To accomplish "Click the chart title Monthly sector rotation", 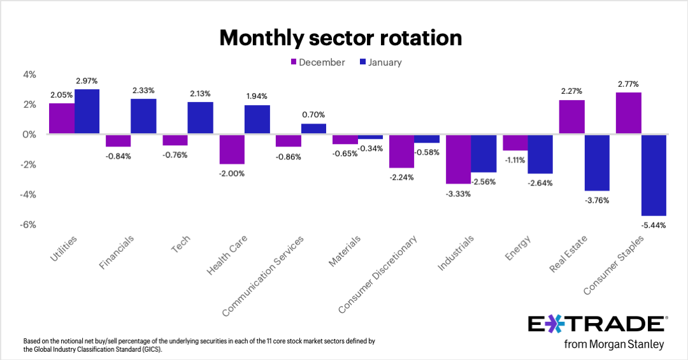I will (340, 38).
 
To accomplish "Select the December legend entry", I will (317, 62).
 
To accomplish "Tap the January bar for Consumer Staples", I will (654, 175).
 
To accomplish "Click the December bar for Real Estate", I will (571, 117).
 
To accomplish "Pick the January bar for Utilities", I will (87, 112).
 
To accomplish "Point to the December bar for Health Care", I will (232, 149).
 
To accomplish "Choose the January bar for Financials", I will (143, 117).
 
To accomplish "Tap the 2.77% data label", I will (627, 83).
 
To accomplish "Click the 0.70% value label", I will (313, 115).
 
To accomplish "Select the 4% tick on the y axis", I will (30, 75).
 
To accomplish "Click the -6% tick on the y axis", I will (29, 225).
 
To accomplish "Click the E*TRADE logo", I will (597, 324).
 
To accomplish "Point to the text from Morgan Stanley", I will (614, 345).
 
